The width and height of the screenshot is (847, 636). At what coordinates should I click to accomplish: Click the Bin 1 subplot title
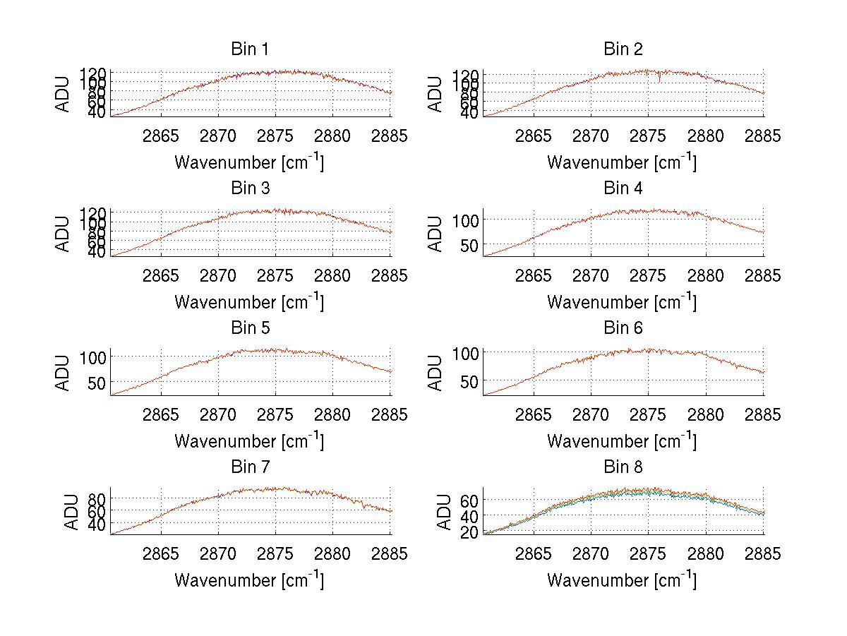(249, 49)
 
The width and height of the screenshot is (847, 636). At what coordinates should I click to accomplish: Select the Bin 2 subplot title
(623, 49)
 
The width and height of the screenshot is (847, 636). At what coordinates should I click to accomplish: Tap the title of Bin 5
(249, 328)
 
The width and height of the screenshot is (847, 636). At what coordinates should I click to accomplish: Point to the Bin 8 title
(623, 467)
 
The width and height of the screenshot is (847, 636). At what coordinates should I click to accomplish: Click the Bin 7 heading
(249, 467)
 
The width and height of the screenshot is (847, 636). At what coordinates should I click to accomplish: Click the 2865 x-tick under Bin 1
(162, 136)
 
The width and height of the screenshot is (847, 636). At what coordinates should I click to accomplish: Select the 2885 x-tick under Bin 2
(763, 136)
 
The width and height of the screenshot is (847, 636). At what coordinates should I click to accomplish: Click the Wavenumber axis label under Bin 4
(621, 301)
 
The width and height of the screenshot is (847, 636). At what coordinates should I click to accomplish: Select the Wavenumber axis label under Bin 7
(249, 580)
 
